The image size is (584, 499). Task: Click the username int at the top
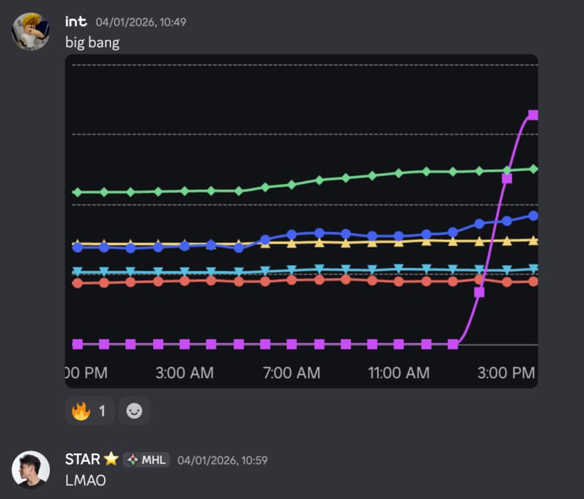[75, 21]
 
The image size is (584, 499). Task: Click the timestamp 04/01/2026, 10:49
[141, 22]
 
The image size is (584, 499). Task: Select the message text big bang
[92, 42]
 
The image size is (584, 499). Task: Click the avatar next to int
[31, 31]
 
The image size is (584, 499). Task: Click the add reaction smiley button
[134, 411]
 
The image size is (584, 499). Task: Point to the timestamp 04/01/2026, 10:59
[222, 461]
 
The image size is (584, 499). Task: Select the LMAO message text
[85, 480]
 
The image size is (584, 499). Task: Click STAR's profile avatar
[31, 469]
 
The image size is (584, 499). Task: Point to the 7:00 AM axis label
[291, 373]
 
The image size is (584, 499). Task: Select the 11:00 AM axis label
[398, 373]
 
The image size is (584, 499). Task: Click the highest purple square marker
[533, 115]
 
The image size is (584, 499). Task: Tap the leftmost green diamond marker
[78, 192]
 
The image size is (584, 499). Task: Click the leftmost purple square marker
[78, 344]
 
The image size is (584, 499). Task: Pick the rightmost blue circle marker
[533, 215]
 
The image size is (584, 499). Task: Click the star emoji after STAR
[111, 460]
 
